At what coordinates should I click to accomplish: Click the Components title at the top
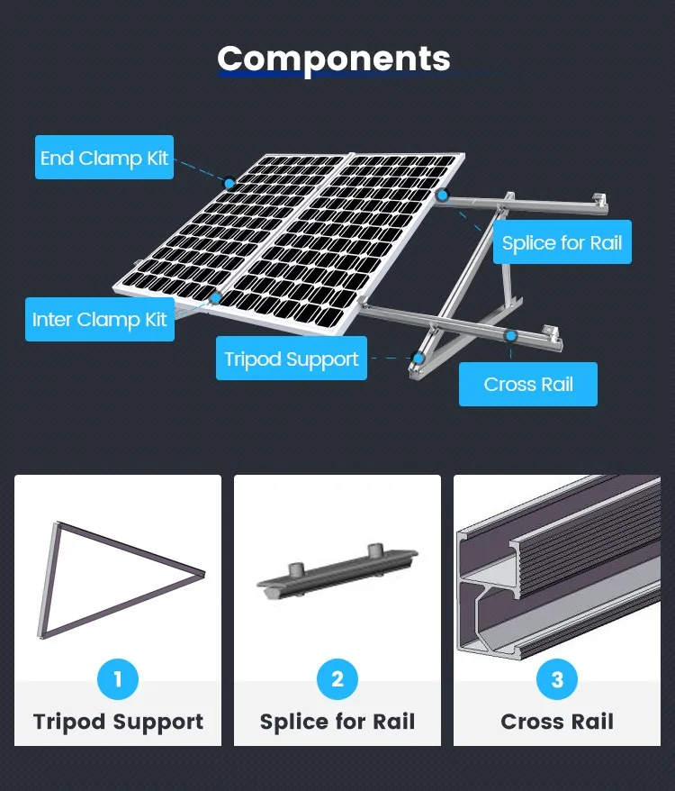[334, 59]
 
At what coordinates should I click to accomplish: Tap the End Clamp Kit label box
[104, 158]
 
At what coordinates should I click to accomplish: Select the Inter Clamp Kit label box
[100, 319]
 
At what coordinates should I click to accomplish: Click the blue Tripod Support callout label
[291, 359]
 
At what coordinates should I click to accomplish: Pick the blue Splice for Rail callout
[562, 242]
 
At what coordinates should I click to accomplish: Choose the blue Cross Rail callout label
[528, 384]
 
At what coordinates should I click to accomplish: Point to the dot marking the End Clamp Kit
[229, 183]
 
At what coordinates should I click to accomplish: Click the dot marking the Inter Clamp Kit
[216, 296]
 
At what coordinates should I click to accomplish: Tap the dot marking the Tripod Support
[418, 358]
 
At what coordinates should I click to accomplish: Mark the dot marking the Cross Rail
[510, 336]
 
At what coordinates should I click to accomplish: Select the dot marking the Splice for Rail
[442, 195]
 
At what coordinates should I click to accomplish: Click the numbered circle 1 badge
[118, 678]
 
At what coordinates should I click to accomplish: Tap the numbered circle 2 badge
[337, 678]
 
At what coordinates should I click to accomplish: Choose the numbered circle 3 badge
[557, 678]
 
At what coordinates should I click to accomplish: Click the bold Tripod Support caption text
[118, 722]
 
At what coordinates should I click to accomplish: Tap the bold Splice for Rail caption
[337, 722]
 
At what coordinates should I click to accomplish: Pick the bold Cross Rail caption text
[557, 722]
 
